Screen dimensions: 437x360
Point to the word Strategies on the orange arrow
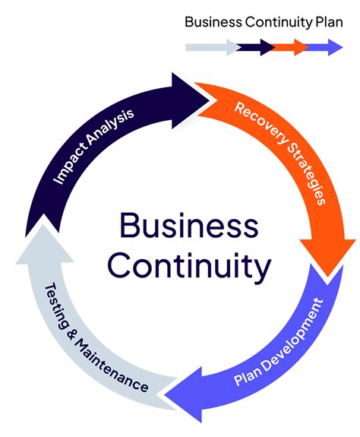pos(306,173)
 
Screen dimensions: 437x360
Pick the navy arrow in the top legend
pos(254,47)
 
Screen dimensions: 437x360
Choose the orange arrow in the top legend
pos(289,47)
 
